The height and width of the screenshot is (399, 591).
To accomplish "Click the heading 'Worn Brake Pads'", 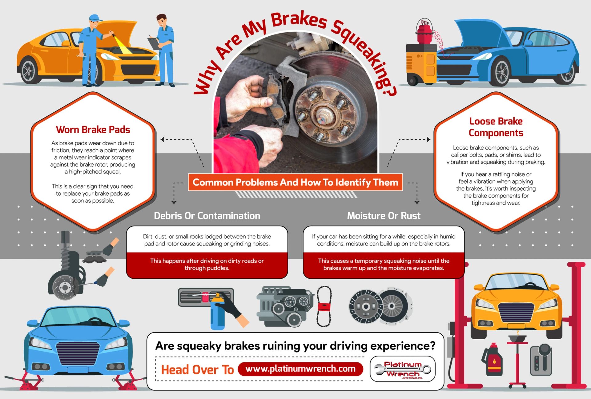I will (x=93, y=130).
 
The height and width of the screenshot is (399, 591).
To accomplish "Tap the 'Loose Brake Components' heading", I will (x=496, y=127).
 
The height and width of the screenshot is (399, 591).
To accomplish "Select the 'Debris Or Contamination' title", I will (x=207, y=216).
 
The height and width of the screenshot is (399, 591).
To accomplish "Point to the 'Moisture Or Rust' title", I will (x=384, y=216).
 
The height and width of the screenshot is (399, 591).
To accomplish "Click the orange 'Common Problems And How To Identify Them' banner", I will (x=295, y=182).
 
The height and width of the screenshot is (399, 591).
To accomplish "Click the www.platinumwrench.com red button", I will (x=300, y=369).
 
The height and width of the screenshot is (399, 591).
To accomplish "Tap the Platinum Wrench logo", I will (x=402, y=369).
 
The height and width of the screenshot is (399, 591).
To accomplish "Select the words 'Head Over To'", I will (x=197, y=369).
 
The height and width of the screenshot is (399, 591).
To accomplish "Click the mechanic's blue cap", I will (x=95, y=18).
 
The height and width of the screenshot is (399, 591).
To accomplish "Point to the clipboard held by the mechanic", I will (x=154, y=43).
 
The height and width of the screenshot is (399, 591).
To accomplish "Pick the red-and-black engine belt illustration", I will (x=324, y=306).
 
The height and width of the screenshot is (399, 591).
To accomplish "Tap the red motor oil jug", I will (x=492, y=360).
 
